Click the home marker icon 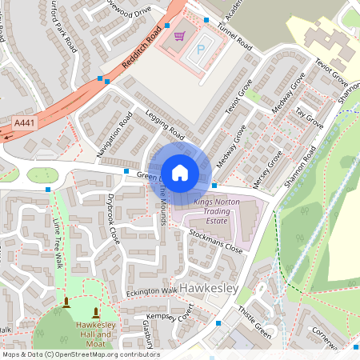(x=180, y=171)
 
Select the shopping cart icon (x=179, y=36)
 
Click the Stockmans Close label (x=216, y=241)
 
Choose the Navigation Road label (x=114, y=134)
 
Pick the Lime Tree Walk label (x=57, y=241)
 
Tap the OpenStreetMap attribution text (x=80, y=354)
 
